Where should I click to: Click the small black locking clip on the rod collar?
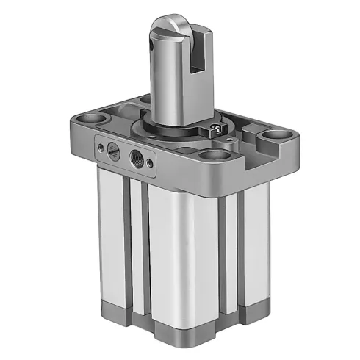[x=216, y=129]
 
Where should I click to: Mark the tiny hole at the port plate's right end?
[x=153, y=162]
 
